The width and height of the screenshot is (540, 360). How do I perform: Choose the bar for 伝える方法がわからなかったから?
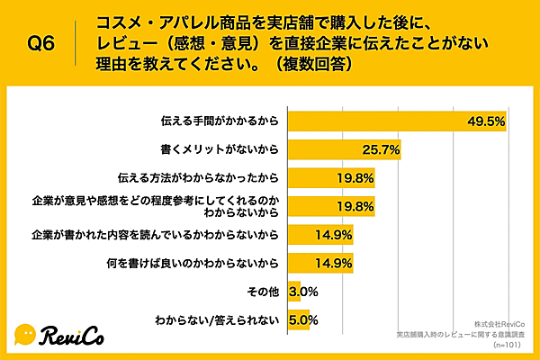(x=330, y=178)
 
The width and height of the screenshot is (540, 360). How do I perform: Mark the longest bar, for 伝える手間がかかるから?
(x=396, y=121)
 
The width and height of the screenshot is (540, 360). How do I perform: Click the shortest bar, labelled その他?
(x=293, y=292)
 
